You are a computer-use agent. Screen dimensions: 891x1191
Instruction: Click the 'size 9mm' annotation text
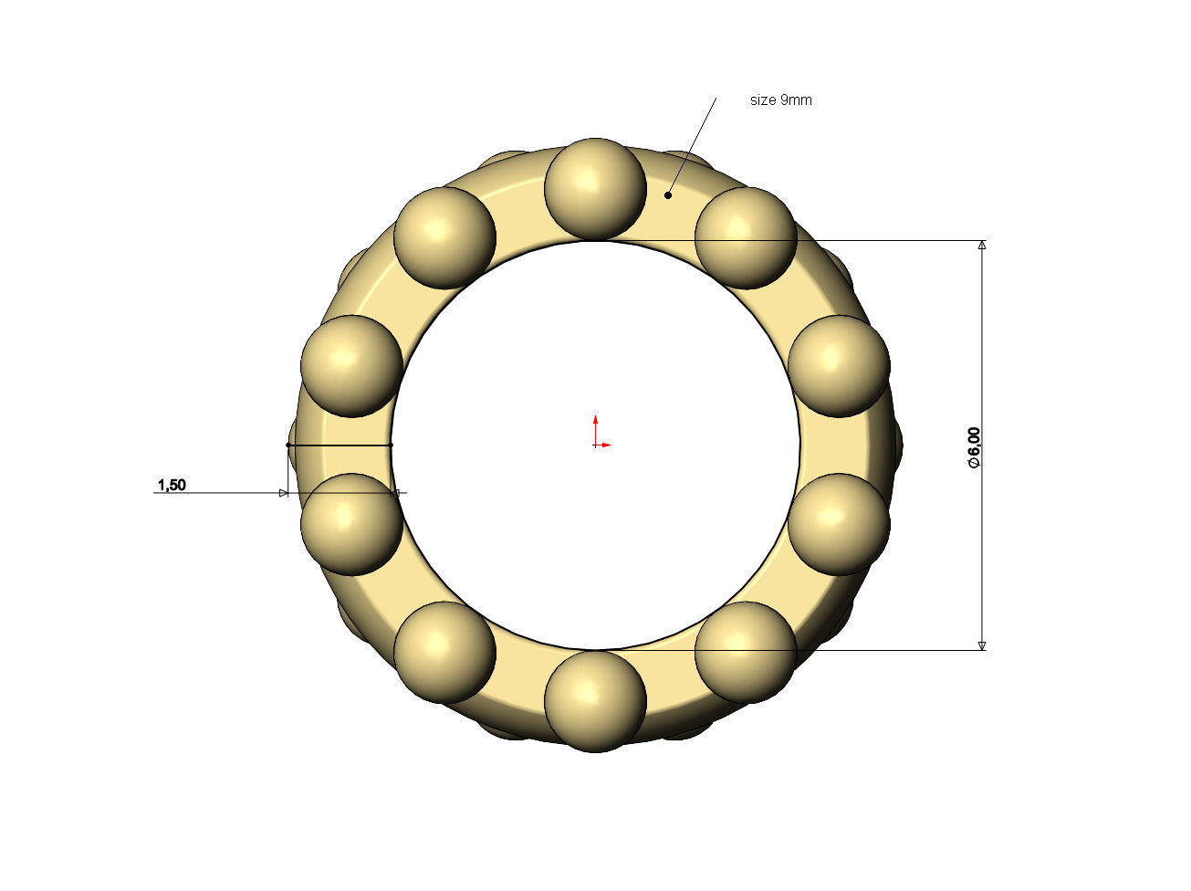click(780, 100)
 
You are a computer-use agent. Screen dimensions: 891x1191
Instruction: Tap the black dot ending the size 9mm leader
click(668, 194)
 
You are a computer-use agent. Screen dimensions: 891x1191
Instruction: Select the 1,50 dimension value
click(172, 485)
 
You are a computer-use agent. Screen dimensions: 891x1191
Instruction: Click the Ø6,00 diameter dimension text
click(974, 447)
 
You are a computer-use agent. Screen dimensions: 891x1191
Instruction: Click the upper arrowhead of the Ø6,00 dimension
click(982, 246)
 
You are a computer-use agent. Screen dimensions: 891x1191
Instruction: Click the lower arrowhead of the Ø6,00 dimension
click(982, 645)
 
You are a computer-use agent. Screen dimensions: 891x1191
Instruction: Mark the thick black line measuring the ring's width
click(340, 445)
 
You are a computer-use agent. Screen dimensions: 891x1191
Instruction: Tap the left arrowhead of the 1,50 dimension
click(283, 493)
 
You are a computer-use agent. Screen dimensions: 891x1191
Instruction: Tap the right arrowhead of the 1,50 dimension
click(397, 493)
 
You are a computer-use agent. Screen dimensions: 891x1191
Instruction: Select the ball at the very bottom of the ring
click(595, 701)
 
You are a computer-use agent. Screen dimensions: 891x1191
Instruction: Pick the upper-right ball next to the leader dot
click(746, 238)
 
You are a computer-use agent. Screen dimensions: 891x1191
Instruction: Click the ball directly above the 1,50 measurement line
click(351, 366)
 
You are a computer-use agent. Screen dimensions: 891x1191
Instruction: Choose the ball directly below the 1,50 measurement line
click(351, 524)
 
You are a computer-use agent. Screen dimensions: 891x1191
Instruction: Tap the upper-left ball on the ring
click(444, 238)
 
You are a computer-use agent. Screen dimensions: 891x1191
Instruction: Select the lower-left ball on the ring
click(444, 652)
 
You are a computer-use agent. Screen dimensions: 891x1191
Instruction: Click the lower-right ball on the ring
click(746, 652)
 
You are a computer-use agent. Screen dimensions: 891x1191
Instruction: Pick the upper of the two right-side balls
click(839, 366)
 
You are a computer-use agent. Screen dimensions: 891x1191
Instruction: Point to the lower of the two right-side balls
click(839, 524)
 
